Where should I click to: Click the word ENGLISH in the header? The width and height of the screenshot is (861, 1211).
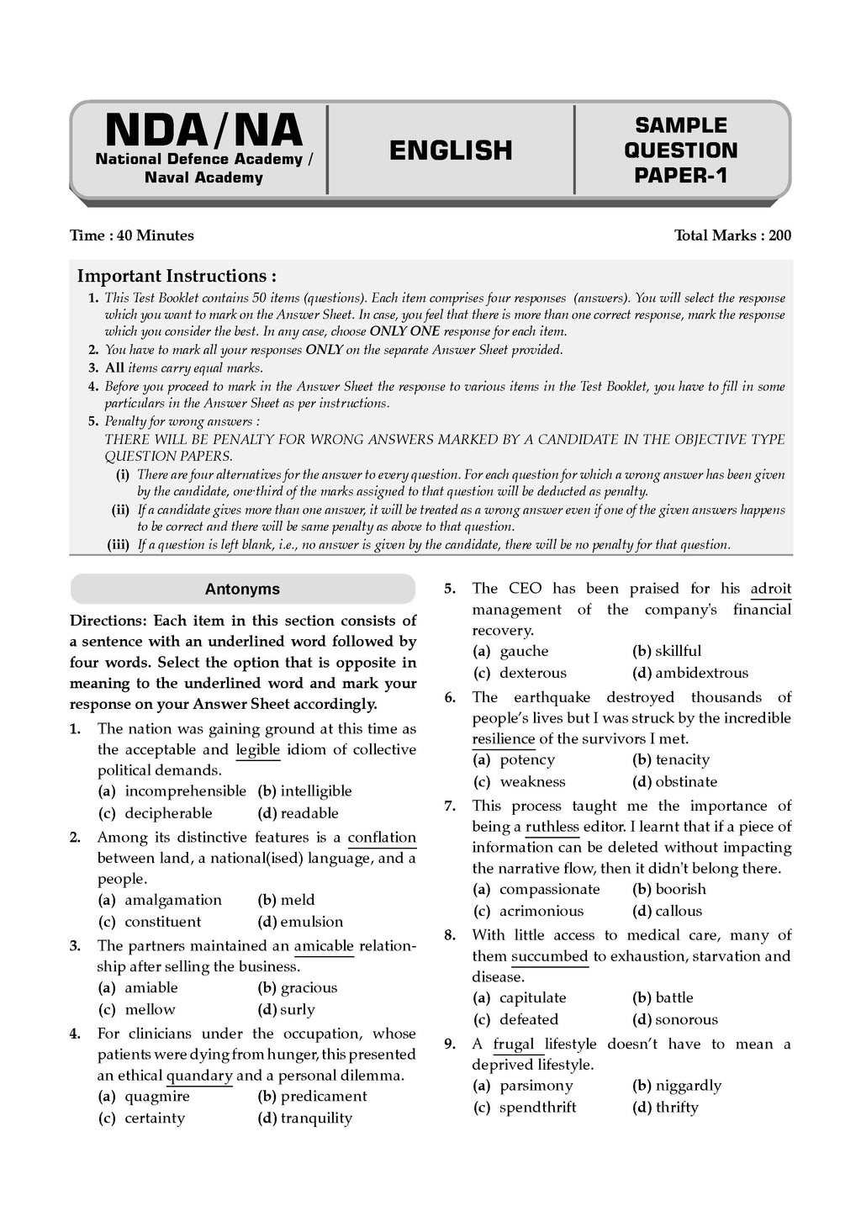click(x=451, y=151)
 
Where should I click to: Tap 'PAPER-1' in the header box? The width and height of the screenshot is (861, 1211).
click(x=680, y=176)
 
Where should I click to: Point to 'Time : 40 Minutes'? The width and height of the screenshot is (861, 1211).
click(x=132, y=235)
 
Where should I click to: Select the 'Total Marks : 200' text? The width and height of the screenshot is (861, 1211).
click(x=732, y=235)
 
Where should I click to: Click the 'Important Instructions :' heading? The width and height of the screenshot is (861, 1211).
click(x=177, y=276)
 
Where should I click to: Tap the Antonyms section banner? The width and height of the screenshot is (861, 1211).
click(x=242, y=590)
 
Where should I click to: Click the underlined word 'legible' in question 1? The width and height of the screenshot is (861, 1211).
click(x=257, y=749)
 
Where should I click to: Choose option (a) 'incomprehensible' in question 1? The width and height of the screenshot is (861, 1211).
click(x=185, y=791)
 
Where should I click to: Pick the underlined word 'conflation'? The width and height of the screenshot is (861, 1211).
click(x=382, y=838)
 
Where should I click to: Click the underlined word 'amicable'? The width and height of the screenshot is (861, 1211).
click(x=324, y=946)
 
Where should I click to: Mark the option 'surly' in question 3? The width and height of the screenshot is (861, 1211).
click(x=297, y=1010)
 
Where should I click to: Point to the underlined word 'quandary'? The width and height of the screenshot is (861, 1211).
click(x=199, y=1076)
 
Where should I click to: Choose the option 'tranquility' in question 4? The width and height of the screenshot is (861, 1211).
click(x=316, y=1118)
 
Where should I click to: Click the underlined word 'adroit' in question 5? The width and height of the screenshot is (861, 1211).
click(x=770, y=589)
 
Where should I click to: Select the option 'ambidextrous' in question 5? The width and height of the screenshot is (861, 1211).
click(x=701, y=673)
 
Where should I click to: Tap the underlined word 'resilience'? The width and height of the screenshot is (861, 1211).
click(x=503, y=739)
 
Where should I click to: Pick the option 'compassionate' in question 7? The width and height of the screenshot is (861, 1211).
click(x=549, y=890)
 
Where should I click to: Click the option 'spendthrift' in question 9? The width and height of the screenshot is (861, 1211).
click(x=537, y=1108)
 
